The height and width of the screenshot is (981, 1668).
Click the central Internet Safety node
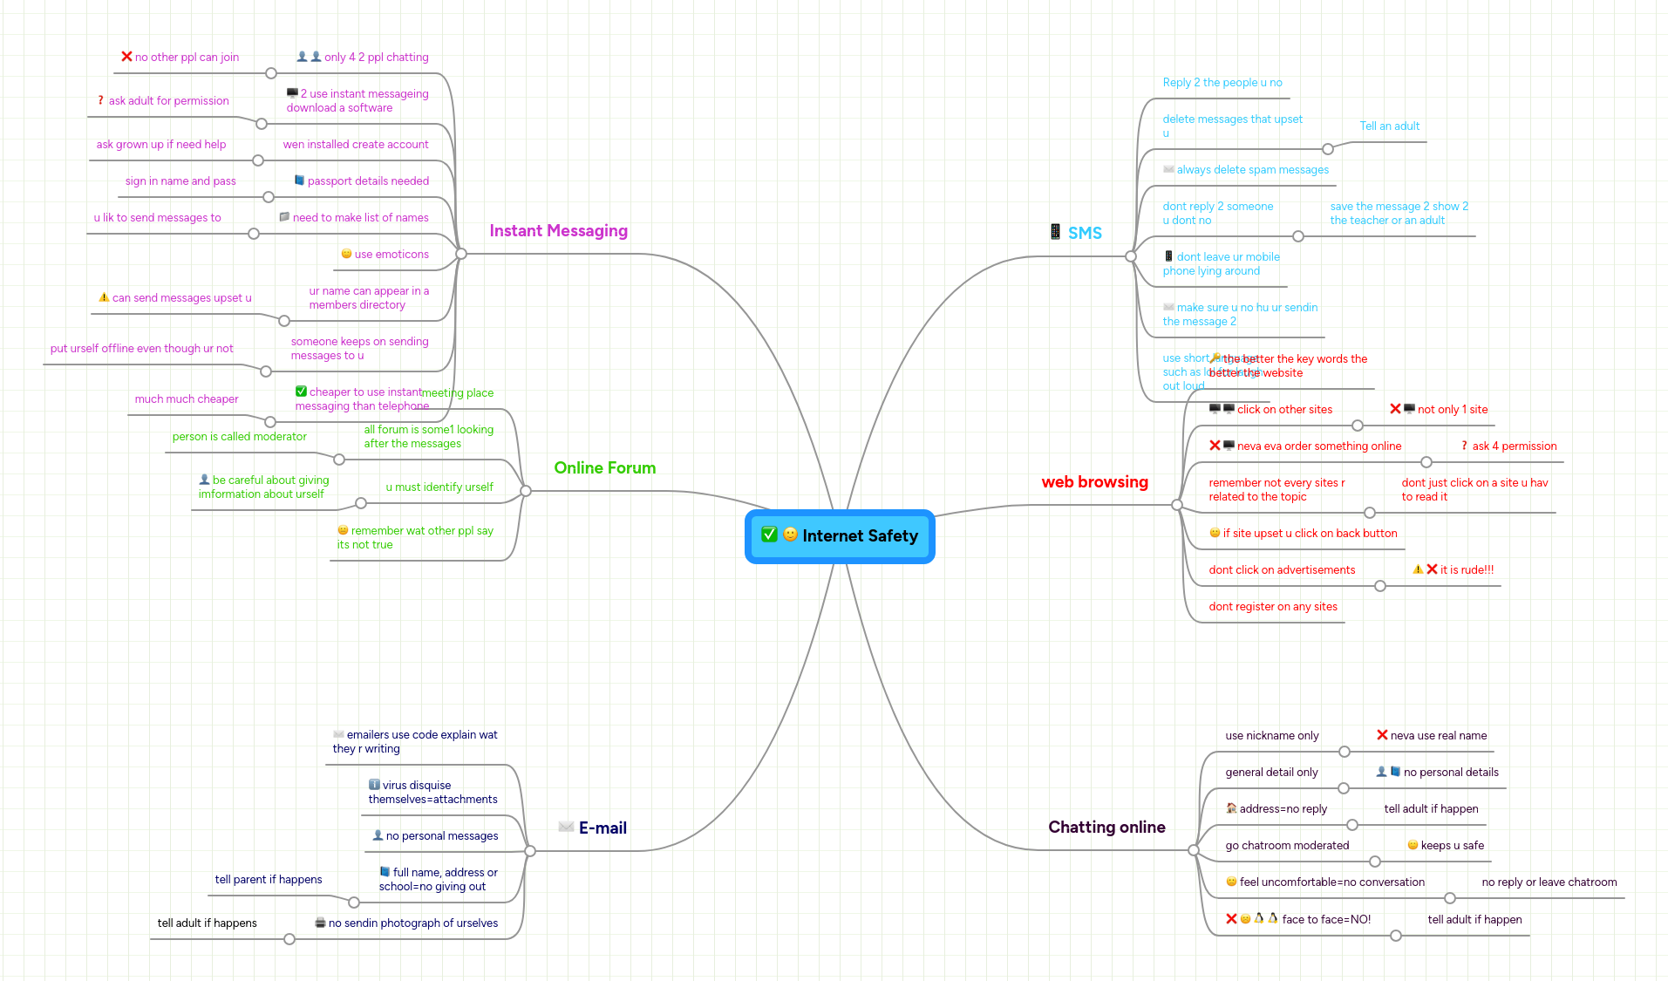point(859,536)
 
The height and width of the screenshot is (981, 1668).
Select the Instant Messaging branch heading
point(558,231)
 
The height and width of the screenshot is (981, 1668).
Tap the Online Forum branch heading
point(604,468)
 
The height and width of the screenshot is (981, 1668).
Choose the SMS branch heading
point(1085,233)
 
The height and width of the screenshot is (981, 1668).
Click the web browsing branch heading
point(1094,482)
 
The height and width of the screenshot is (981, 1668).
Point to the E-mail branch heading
point(603,828)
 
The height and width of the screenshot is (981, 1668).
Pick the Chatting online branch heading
point(1106,828)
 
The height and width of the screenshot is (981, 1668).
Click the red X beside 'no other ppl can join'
point(126,57)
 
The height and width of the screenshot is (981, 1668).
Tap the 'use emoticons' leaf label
point(391,255)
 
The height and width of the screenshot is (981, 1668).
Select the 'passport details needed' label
point(368,181)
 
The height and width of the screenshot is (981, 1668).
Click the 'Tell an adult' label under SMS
point(1389,126)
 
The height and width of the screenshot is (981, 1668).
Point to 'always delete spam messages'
point(1252,170)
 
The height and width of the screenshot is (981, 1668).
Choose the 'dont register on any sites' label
point(1272,607)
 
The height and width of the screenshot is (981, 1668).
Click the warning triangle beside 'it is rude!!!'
point(1418,569)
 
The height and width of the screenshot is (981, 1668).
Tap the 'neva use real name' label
point(1438,736)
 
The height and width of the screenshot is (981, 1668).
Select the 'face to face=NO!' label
point(1325,920)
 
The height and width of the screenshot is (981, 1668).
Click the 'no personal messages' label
point(442,836)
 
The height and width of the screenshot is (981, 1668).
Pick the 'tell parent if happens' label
point(269,880)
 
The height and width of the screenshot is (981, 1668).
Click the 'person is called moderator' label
point(239,437)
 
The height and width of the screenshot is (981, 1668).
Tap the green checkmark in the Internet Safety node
point(769,535)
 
